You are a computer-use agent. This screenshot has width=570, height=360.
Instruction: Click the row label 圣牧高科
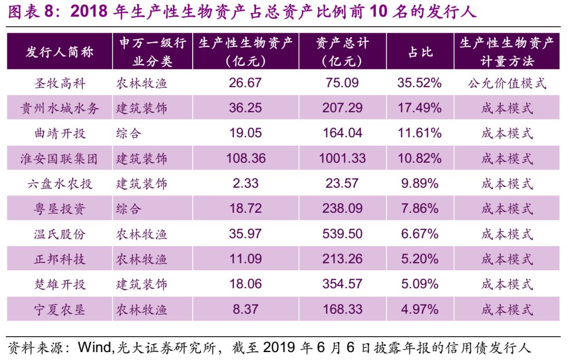click(60, 83)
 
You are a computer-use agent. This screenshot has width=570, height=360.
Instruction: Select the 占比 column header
click(420, 52)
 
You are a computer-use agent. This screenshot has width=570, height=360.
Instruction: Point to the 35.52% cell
click(420, 83)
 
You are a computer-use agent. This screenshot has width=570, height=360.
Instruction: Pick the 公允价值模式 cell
click(507, 83)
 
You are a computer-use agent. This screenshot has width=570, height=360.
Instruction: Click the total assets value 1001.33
click(343, 158)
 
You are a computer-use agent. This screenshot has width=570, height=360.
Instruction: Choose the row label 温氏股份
click(60, 234)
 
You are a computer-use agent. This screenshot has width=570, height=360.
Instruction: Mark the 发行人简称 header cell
click(60, 52)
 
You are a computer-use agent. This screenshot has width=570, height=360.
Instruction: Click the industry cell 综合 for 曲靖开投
click(129, 133)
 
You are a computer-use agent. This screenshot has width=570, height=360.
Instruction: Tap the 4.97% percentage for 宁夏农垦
click(420, 309)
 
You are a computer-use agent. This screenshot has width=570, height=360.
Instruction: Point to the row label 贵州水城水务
click(60, 108)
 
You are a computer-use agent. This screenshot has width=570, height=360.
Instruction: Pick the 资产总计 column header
click(343, 52)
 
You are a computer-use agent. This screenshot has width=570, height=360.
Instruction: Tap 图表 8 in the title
click(32, 12)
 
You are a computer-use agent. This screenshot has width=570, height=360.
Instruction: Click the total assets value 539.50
click(343, 234)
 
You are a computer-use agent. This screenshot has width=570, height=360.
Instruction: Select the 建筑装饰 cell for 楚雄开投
click(141, 285)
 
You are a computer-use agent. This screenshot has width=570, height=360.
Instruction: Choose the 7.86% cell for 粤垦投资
click(420, 209)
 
